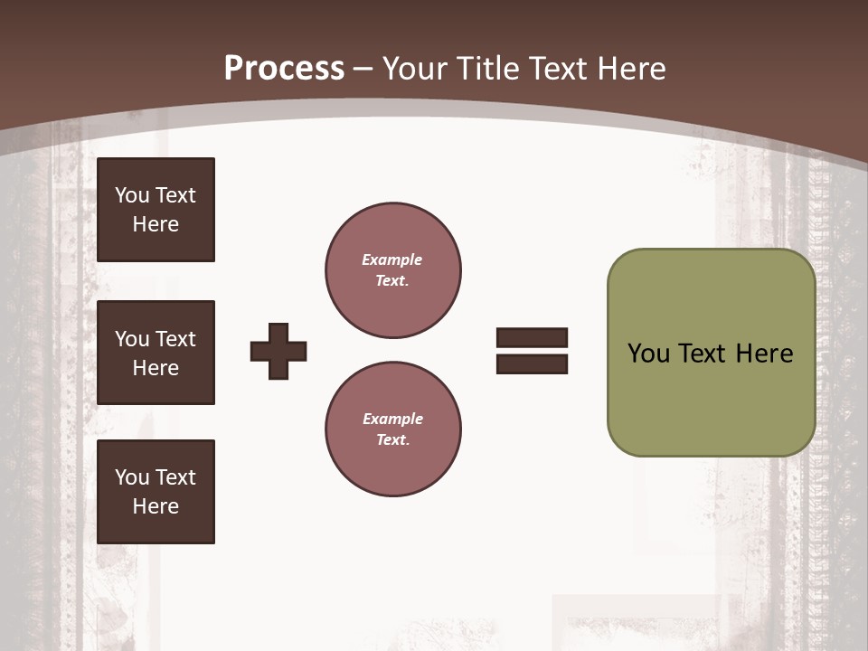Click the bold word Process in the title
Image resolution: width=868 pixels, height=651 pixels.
[284, 68]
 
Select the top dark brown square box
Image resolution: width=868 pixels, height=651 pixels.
[156, 210]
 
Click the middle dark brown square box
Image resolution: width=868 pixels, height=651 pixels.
[156, 353]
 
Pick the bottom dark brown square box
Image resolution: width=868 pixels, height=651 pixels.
[156, 492]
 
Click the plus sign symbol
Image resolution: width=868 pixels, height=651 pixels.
[278, 351]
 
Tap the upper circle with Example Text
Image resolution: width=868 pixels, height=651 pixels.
[392, 270]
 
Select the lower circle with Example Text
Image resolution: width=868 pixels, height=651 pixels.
[392, 429]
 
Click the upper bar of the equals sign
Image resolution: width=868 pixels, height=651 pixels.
[532, 338]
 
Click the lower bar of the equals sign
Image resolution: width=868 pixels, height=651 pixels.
[532, 363]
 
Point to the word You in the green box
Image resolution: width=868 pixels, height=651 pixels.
[648, 354]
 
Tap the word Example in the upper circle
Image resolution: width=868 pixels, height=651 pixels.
[392, 259]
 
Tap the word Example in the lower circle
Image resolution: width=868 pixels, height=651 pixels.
[392, 419]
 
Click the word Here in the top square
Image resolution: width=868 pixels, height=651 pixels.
[156, 224]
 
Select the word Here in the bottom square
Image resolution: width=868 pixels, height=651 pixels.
[156, 506]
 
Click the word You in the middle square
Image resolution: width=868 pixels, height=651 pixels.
[132, 339]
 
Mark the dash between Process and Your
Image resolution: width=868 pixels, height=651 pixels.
[363, 70]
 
